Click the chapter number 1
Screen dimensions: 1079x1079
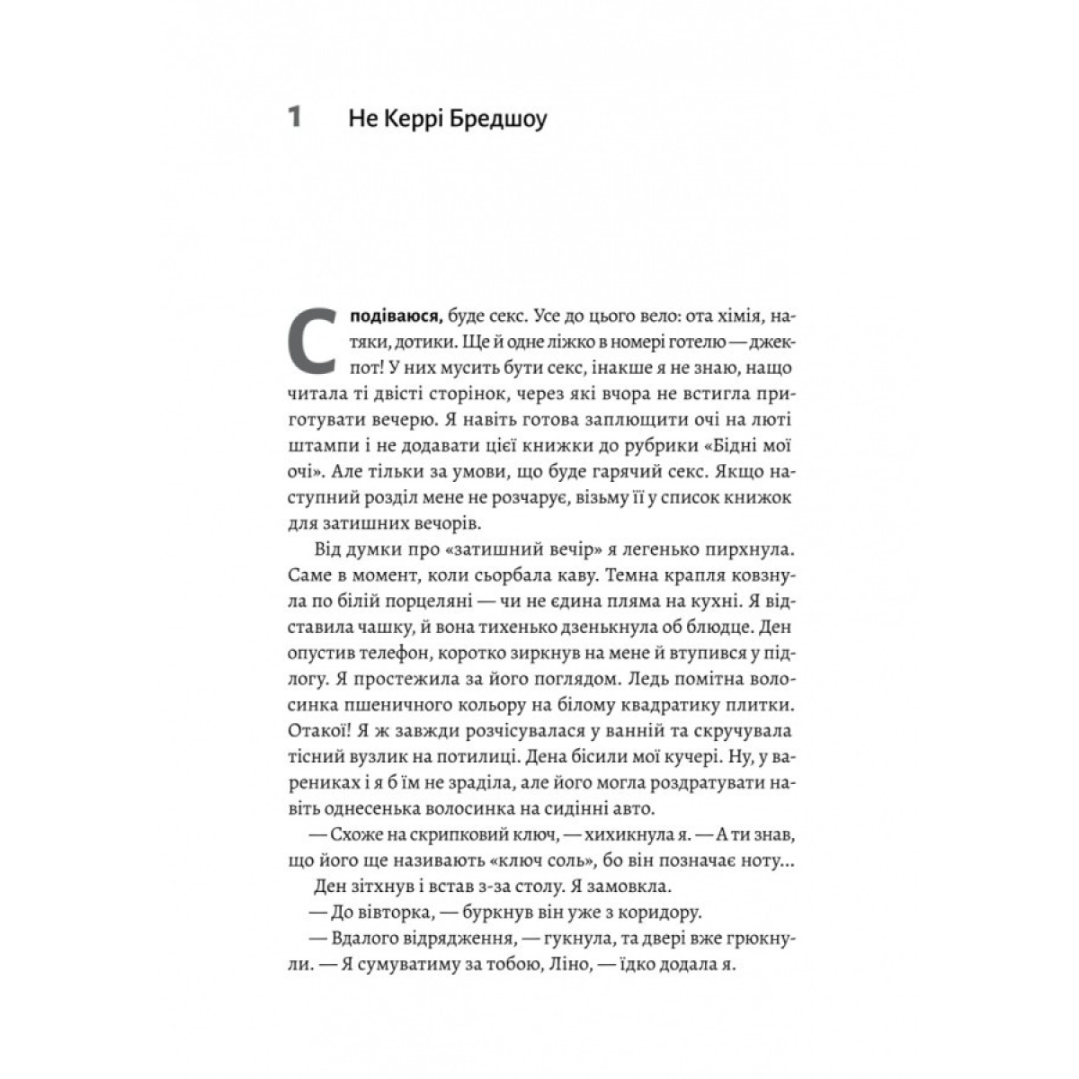coord(293,118)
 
